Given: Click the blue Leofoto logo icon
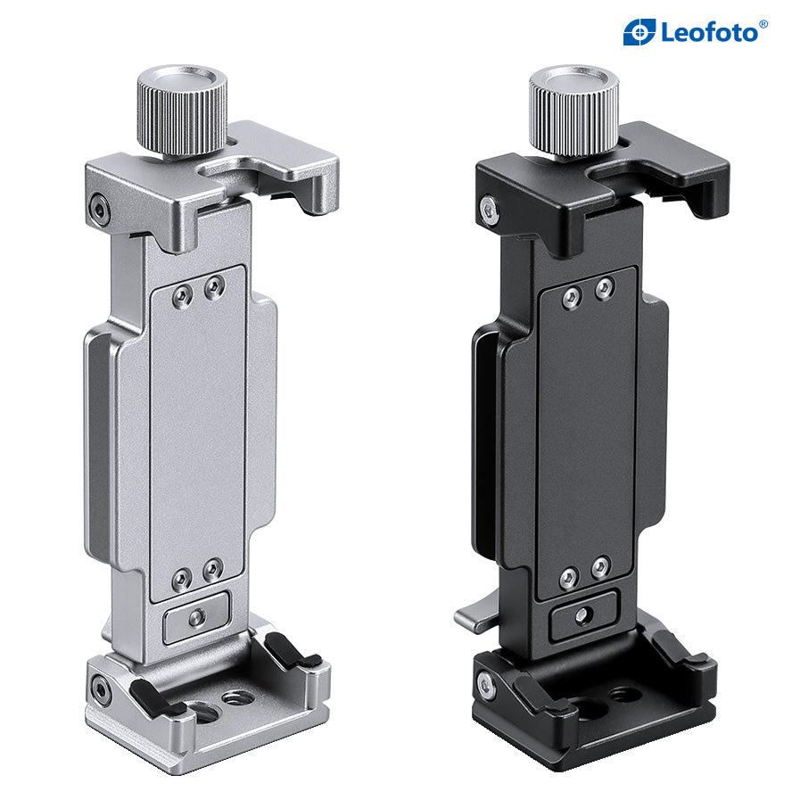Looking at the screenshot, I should tap(639, 32).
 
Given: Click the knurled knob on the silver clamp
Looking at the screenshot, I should tap(182, 110).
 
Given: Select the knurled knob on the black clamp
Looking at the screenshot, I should tap(573, 110).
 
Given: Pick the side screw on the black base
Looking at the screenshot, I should tap(486, 685).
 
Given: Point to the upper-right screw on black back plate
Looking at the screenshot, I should tap(604, 288).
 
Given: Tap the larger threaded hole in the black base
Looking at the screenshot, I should tap(590, 708).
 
